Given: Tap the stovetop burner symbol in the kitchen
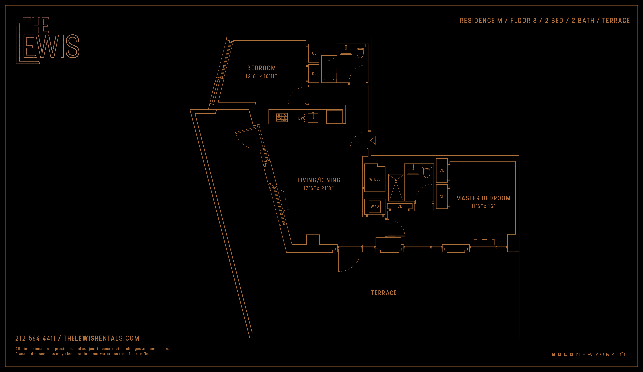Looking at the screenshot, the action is pyautogui.click(x=282, y=118).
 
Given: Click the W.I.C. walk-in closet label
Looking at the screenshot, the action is pyautogui.click(x=374, y=179).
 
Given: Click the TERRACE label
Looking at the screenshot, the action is pyautogui.click(x=384, y=293).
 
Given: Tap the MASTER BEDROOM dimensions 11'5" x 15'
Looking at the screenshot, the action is pyautogui.click(x=483, y=206).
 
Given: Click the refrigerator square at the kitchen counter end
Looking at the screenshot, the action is pyautogui.click(x=334, y=117).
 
